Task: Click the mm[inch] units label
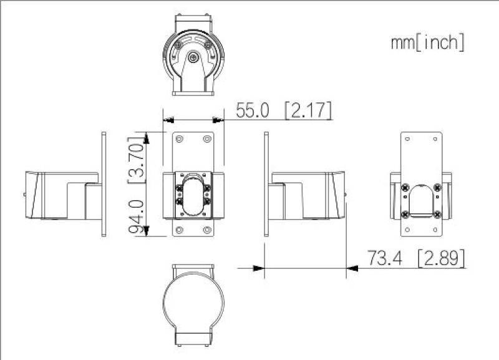click(x=427, y=42)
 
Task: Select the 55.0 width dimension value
click(x=252, y=110)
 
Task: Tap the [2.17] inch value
click(x=308, y=110)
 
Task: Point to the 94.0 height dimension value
click(x=138, y=216)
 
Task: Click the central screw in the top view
click(x=193, y=58)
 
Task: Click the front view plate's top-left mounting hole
click(x=180, y=139)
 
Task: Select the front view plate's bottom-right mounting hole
click(x=207, y=230)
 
